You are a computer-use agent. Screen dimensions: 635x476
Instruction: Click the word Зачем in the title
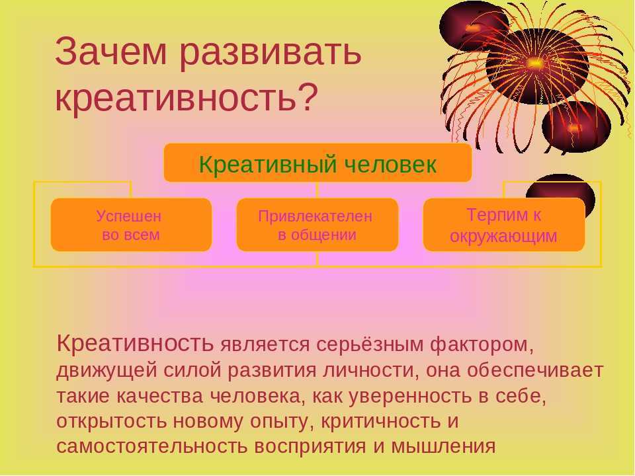click(110, 52)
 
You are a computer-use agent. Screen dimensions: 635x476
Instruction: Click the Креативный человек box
click(317, 163)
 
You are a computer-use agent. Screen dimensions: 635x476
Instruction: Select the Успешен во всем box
click(131, 225)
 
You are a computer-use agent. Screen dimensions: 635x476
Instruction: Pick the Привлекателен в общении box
click(317, 225)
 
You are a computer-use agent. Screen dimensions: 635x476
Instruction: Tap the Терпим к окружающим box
click(504, 225)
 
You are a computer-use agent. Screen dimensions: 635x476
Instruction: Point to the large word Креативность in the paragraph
click(135, 343)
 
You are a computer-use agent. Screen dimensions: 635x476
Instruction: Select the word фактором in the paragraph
click(481, 345)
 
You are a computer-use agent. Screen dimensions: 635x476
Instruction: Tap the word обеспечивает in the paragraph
click(535, 370)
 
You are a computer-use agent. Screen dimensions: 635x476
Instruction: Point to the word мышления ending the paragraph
click(443, 447)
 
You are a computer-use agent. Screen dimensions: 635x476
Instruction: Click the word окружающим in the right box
click(503, 236)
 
